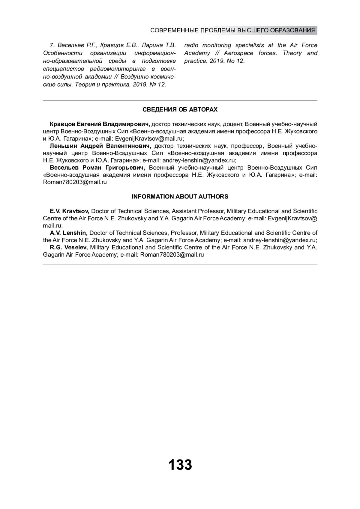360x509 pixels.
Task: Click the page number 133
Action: (x=180, y=465)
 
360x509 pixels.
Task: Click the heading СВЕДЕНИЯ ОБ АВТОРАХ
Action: (x=180, y=110)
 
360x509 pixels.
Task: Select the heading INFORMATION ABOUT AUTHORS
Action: (x=180, y=197)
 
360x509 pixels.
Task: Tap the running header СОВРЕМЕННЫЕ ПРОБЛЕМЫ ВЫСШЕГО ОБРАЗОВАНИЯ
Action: (x=233, y=31)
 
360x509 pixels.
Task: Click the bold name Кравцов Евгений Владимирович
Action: (x=100, y=124)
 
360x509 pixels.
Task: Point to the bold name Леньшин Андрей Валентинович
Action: (x=100, y=146)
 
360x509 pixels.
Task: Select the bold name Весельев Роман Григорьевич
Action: (x=97, y=168)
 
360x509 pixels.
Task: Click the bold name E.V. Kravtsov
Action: (x=70, y=211)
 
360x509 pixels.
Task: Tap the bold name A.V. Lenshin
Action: (x=69, y=233)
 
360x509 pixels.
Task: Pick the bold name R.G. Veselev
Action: (x=69, y=248)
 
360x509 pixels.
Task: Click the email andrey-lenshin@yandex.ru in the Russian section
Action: (x=199, y=160)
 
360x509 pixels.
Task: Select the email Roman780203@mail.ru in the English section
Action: (x=172, y=255)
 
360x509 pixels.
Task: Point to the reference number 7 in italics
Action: (x=52, y=46)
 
